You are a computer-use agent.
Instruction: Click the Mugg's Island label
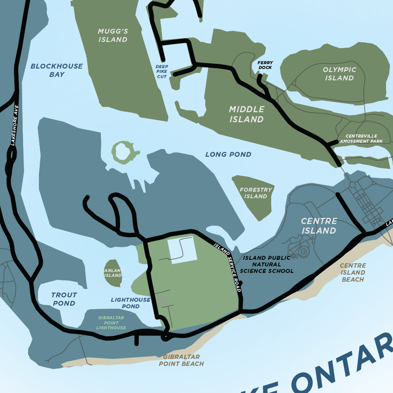tap(113, 35)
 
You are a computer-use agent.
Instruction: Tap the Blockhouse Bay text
tap(56, 70)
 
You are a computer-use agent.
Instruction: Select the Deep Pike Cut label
tap(162, 72)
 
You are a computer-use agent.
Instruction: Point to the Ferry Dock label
tap(265, 65)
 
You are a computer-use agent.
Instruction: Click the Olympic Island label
tap(339, 74)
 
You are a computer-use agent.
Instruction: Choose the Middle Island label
tap(247, 114)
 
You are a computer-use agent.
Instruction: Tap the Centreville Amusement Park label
tap(361, 139)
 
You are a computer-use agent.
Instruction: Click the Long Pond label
tap(228, 155)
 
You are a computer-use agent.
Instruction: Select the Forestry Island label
tap(256, 193)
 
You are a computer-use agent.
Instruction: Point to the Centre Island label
tap(319, 226)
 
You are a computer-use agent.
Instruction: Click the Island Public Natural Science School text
tap(267, 264)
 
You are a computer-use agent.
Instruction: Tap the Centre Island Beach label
tap(353, 272)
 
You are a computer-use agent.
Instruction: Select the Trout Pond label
tap(64, 299)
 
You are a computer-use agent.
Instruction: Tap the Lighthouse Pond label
tap(131, 303)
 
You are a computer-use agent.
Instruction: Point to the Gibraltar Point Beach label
tap(181, 360)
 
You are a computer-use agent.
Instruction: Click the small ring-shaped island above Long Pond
tap(124, 152)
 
